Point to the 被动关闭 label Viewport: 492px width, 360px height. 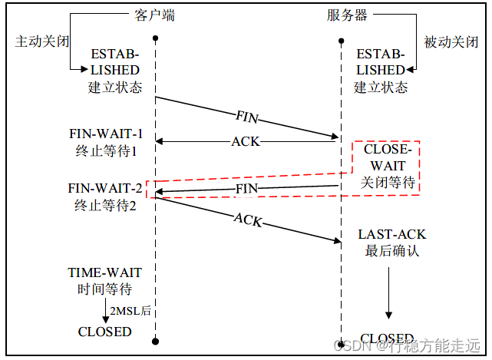(x=451, y=41)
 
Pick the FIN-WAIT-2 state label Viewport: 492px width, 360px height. (x=104, y=189)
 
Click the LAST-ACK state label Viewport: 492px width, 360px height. (x=391, y=234)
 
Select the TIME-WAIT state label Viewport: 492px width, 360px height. (x=105, y=272)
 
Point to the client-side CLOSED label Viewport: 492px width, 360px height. (x=105, y=332)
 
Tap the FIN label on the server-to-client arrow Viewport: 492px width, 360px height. (x=246, y=187)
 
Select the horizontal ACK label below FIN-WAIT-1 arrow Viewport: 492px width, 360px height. (x=246, y=140)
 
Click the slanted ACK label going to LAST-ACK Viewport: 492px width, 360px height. (x=247, y=219)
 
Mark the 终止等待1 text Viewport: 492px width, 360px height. (x=106, y=151)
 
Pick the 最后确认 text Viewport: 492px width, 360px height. (x=391, y=251)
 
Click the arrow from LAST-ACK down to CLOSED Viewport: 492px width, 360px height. (x=388, y=292)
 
